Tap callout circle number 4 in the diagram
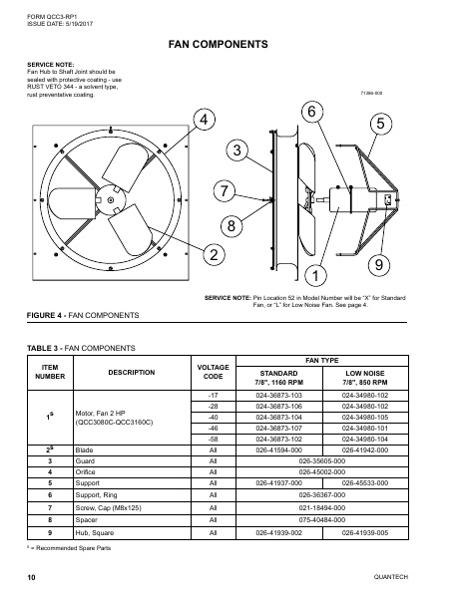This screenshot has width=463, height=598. tap(204, 121)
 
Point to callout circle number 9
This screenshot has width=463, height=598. tap(379, 264)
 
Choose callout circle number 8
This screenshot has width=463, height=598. tap(231, 226)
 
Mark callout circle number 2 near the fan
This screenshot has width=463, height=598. tap(213, 255)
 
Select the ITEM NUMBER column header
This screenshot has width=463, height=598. tap(49, 371)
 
